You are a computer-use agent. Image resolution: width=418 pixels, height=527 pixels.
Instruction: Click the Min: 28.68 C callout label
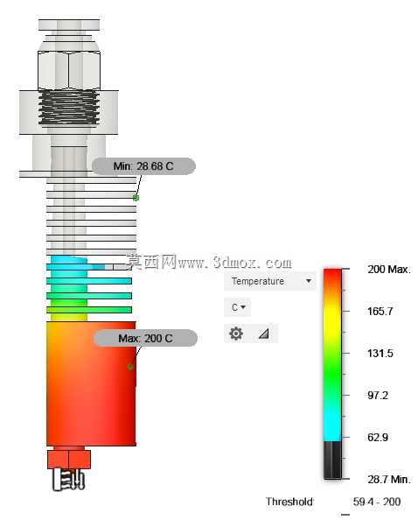143,166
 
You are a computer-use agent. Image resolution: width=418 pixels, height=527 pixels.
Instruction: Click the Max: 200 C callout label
145,338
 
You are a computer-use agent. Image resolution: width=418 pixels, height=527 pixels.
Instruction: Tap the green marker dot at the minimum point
136,198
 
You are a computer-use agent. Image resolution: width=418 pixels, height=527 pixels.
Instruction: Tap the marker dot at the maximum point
130,367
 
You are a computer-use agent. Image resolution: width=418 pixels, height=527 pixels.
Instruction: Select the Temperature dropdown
270,281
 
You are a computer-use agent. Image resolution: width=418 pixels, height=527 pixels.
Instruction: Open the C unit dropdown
238,307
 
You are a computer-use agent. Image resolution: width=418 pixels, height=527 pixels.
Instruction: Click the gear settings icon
236,334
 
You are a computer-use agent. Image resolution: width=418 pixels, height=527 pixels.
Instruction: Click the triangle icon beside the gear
264,334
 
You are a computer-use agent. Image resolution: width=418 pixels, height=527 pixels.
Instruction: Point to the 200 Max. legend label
389,270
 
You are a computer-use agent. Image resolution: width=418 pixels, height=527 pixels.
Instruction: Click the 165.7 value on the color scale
380,312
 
